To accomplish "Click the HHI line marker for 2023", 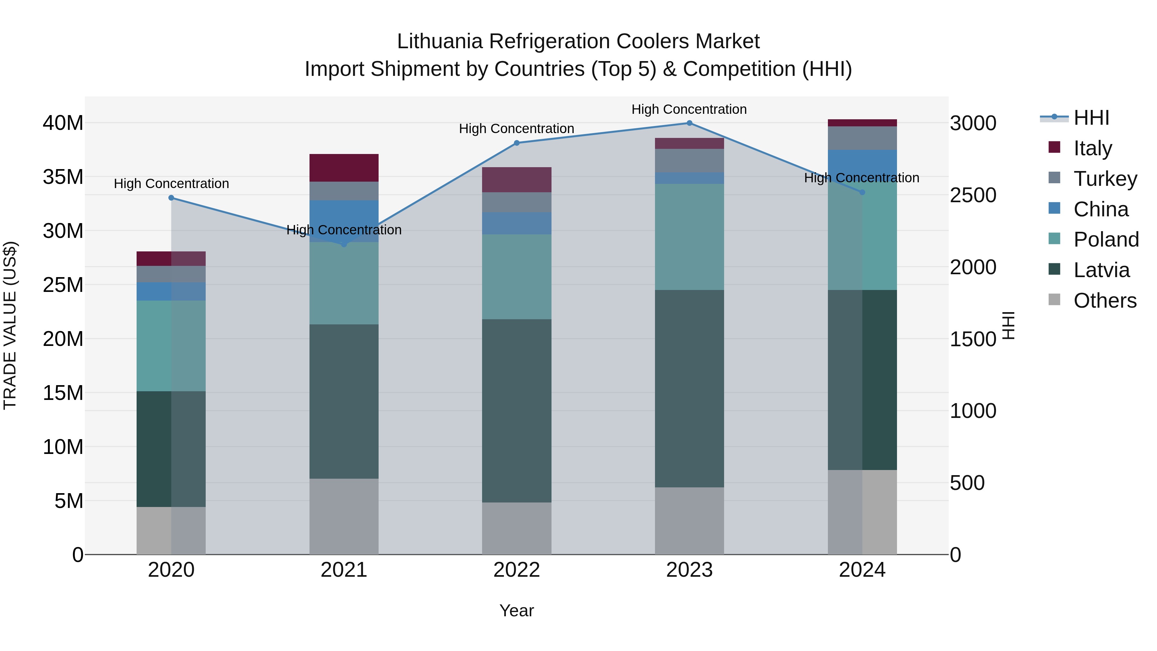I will tap(689, 123).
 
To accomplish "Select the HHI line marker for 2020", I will tap(171, 198).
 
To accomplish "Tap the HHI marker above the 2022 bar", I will tap(516, 143).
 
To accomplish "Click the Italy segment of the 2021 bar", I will tap(344, 167).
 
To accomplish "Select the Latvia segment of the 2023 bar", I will tap(689, 389).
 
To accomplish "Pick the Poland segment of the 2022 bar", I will tap(516, 277).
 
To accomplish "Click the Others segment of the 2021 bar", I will tap(344, 516).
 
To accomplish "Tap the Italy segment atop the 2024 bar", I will tap(862, 123).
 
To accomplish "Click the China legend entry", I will tap(1100, 209).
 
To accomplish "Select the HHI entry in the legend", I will tap(1091, 118).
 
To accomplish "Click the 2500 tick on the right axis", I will tap(973, 195).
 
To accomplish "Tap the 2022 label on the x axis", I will tap(516, 570).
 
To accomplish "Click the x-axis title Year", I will tap(516, 610).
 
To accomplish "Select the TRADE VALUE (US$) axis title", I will tap(10, 325).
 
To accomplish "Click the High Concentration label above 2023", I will tap(689, 109).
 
